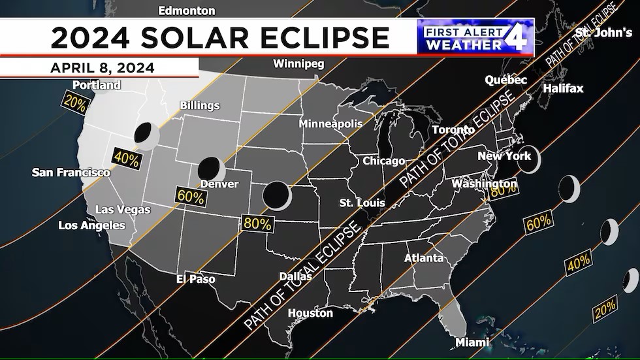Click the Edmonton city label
187,10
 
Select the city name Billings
200,105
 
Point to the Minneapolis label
330,123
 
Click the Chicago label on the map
384,161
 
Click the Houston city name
310,313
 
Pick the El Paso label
196,279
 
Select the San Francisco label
71,172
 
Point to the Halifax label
563,88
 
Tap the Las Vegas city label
123,210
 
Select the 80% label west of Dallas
257,223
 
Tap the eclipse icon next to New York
529,158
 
